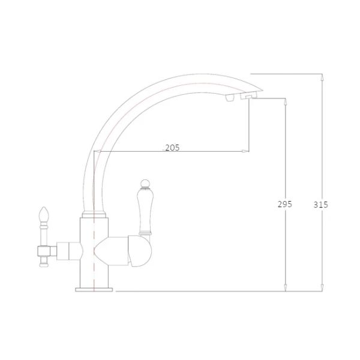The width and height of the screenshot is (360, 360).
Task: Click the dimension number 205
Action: [x=172, y=148]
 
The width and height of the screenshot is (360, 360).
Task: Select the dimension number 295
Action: [x=284, y=204]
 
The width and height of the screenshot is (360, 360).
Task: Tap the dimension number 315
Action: [x=321, y=205]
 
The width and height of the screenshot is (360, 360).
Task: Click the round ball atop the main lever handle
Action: [x=145, y=183]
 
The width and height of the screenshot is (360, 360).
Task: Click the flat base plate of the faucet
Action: [x=94, y=290]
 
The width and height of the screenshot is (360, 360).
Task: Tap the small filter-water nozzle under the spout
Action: [x=230, y=98]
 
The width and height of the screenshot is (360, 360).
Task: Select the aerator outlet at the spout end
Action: [x=248, y=97]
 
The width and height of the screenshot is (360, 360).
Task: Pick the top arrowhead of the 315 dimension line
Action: [x=322, y=77]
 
